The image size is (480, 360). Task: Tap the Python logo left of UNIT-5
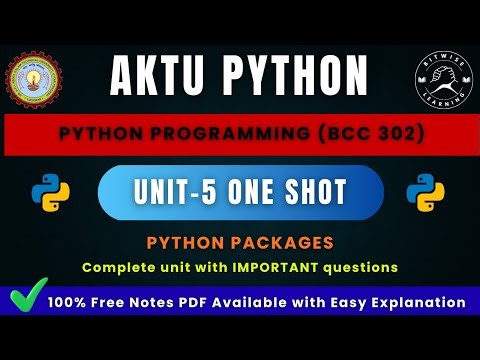click(x=45, y=192)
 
